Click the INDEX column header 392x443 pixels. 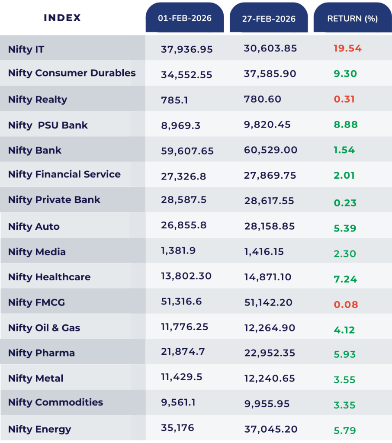(62, 18)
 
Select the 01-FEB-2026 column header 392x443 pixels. (185, 18)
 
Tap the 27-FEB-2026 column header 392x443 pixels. (269, 19)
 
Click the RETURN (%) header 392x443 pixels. (352, 19)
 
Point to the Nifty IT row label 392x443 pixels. (26, 49)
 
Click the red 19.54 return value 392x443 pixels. (347, 48)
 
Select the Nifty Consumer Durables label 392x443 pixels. (72, 73)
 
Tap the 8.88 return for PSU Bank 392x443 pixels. (345, 125)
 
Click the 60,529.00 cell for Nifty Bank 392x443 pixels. (270, 150)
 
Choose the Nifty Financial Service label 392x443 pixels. (64, 174)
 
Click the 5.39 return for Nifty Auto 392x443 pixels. (345, 228)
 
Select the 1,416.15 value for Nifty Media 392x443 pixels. (264, 251)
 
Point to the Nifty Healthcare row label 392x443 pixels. (49, 277)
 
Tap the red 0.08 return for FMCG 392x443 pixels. (346, 305)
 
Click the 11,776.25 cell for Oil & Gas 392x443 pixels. (184, 327)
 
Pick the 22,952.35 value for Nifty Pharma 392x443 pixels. (270, 353)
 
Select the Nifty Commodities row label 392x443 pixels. (55, 402)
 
